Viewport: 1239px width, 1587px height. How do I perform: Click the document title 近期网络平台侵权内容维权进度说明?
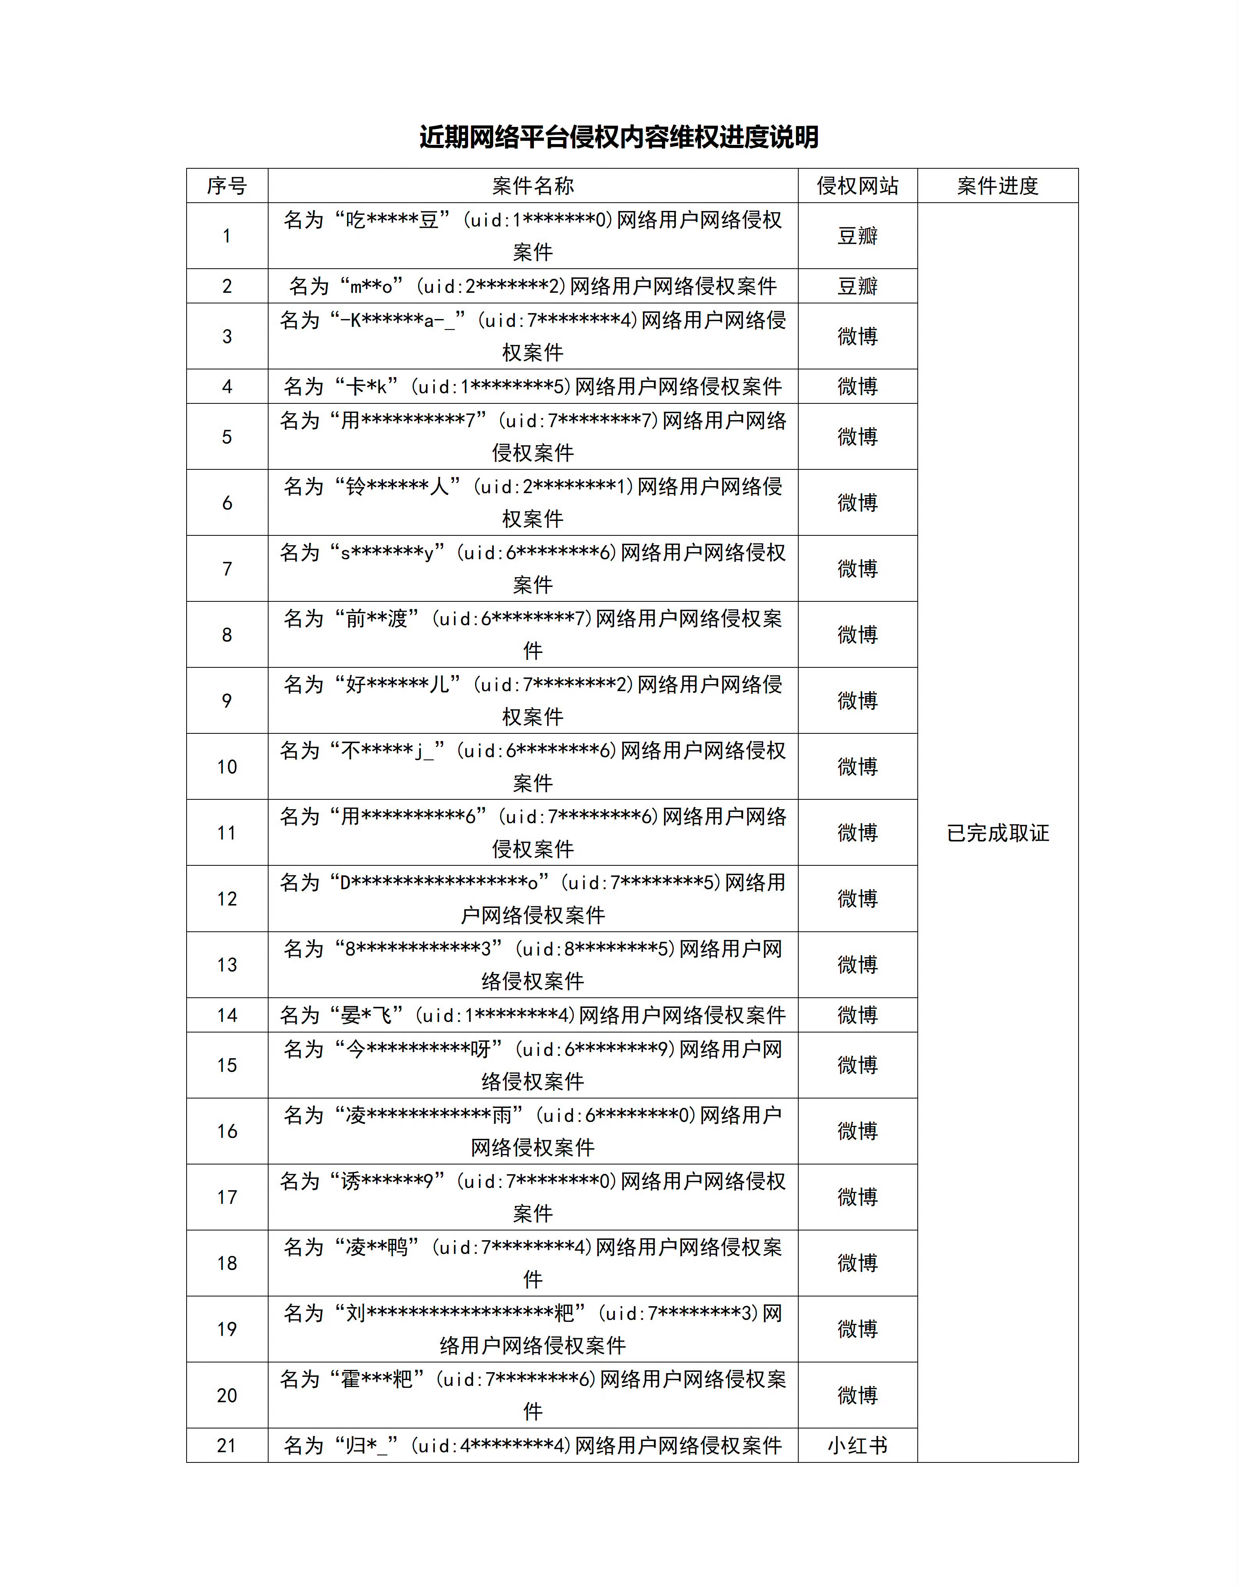[619, 137]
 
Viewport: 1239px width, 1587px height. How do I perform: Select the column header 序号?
[226, 186]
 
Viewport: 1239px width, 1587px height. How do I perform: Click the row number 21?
[226, 1445]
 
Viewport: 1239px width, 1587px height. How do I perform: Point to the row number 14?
[226, 1015]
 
